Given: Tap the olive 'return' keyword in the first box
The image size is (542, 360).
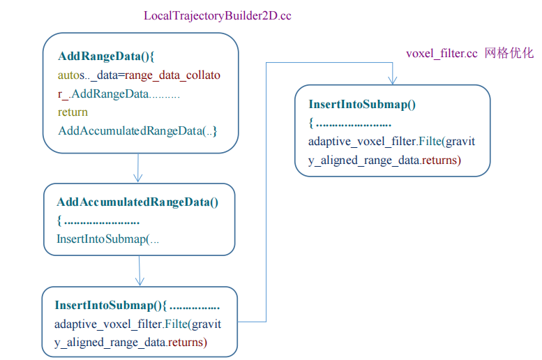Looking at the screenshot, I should [73, 112].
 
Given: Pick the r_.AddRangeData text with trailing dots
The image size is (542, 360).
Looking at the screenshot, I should [119, 93].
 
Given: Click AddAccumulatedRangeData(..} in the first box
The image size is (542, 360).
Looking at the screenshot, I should [137, 130].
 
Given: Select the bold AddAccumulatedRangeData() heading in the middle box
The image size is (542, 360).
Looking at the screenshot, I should [137, 202].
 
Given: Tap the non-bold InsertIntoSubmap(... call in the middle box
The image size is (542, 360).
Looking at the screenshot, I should [108, 239].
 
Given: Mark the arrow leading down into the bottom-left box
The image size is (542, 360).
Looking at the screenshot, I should [140, 271].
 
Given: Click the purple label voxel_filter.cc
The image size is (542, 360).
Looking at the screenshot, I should [442, 54].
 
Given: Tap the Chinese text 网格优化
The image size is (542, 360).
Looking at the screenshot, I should [509, 54].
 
